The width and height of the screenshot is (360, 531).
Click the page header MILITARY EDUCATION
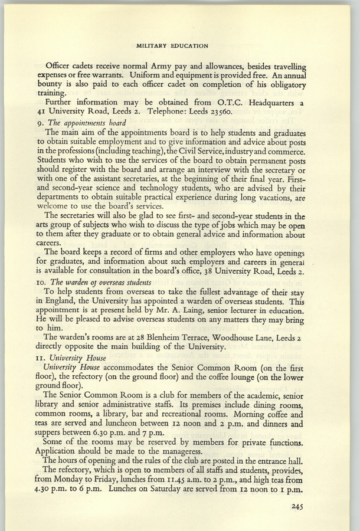pos(172,45)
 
